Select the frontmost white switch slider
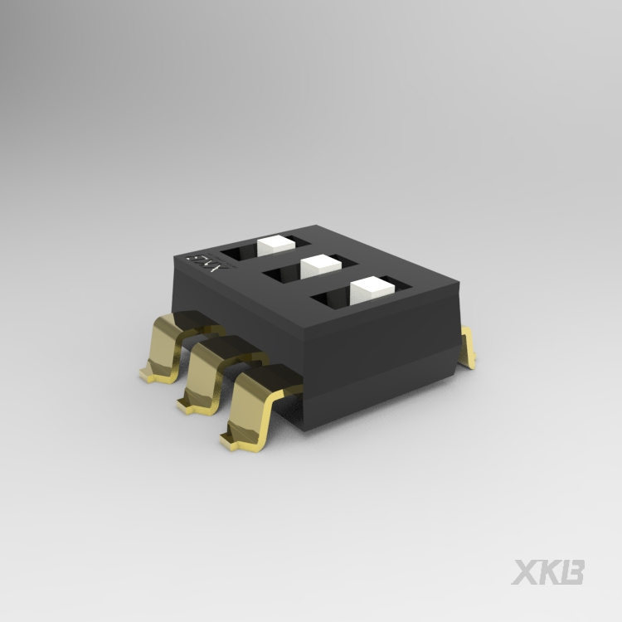pyautogui.click(x=370, y=289)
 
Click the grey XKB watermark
pyautogui.click(x=547, y=572)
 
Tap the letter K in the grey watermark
pyautogui.click(x=550, y=572)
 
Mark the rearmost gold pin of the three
pyautogui.click(x=170, y=348)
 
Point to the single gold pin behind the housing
pyautogui.click(x=469, y=346)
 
